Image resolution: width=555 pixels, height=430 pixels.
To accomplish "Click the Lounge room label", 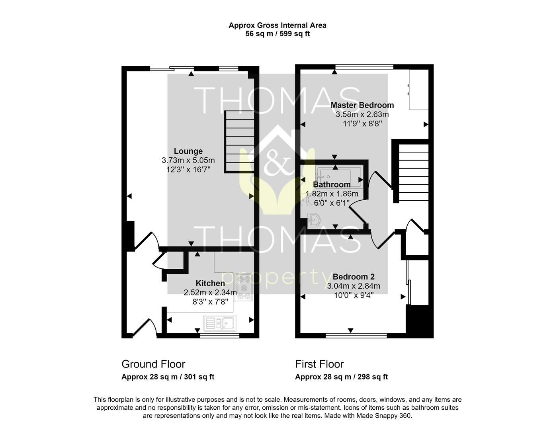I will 188,151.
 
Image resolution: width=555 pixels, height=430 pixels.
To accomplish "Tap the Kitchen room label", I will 210,283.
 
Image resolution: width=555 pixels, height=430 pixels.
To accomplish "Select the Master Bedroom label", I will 362,105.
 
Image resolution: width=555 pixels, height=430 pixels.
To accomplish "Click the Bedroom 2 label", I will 354,277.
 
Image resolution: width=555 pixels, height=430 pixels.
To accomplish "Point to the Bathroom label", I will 332,185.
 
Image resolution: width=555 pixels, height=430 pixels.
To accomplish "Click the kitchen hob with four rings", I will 244,287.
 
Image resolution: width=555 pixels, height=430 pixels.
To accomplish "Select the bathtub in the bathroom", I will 339,176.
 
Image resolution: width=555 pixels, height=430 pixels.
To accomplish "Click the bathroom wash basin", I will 315,220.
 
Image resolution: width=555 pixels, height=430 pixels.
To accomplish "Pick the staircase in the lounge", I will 240,141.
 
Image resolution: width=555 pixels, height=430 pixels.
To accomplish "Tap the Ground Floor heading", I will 153,364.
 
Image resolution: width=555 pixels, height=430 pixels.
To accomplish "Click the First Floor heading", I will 319,364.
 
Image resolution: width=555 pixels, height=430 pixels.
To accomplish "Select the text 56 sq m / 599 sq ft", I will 277,34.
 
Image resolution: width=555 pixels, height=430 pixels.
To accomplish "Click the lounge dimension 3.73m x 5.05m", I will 188,160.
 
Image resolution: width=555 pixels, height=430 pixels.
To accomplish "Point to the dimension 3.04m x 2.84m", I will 354,286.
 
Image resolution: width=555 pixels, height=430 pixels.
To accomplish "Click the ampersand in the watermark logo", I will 276,159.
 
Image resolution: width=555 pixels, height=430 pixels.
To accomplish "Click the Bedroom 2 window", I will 356,335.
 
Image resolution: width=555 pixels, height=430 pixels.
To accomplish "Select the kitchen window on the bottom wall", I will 219,336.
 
